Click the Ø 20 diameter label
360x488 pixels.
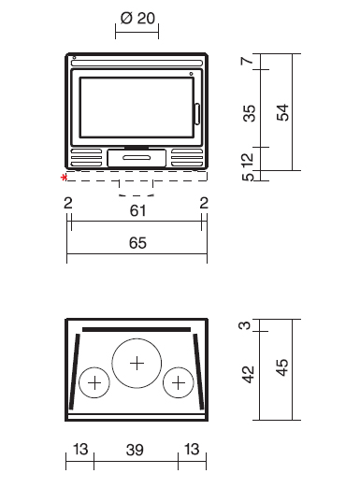click(x=137, y=18)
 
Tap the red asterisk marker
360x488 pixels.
click(x=65, y=178)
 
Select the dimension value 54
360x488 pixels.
click(x=283, y=112)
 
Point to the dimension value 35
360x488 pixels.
click(x=249, y=113)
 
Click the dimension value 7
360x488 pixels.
click(x=247, y=60)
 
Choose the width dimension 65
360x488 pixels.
click(x=137, y=243)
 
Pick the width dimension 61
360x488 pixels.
click(x=137, y=210)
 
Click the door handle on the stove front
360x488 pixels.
click(x=197, y=114)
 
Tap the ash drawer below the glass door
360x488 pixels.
click(x=137, y=158)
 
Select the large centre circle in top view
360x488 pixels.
click(x=137, y=339)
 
